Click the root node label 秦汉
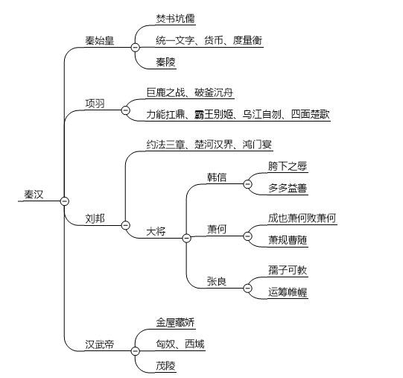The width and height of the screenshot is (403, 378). point(34,195)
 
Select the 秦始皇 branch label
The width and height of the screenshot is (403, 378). point(100,41)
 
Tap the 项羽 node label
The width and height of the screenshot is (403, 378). point(95,104)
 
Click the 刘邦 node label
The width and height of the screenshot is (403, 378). point(95,218)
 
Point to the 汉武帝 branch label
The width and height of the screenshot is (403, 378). point(100,344)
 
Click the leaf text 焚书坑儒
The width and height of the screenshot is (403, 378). point(175,19)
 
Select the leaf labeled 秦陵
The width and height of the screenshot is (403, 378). point(166,62)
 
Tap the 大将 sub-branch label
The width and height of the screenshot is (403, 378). point(156,231)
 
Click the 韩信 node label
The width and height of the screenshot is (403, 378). point(217,177)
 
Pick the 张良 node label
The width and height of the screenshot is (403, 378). point(217,281)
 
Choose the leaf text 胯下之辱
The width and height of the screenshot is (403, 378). point(288,166)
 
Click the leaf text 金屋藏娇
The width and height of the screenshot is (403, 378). point(175,322)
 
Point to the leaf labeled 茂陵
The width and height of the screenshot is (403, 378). point(166,365)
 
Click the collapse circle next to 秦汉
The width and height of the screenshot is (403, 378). point(64,201)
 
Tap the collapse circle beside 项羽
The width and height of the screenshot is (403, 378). point(125,110)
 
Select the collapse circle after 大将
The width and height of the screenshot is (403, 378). point(186,238)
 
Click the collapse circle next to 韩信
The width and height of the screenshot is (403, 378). point(247,184)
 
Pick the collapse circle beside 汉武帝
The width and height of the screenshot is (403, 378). point(135,351)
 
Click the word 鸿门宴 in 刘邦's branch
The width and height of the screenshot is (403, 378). point(257,145)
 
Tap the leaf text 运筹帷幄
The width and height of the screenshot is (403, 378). point(288,292)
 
